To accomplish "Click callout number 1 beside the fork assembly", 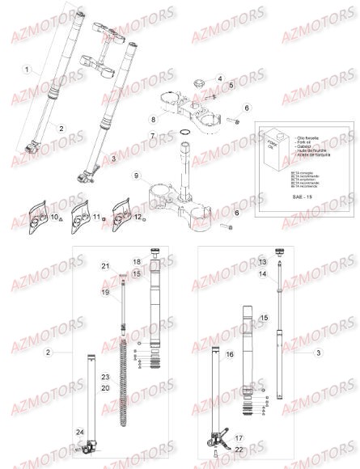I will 28,70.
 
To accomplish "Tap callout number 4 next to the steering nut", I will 218,78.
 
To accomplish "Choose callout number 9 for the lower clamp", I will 138,175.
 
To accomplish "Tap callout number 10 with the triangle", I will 54,218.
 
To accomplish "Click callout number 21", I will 104,266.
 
